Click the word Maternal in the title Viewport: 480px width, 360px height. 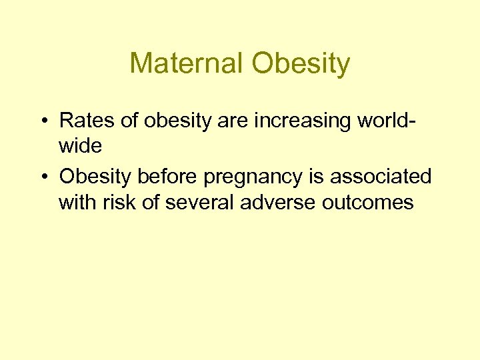(x=186, y=64)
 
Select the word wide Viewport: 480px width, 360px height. (x=80, y=146)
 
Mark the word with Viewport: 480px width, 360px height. (x=77, y=202)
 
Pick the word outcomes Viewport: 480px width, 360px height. (x=367, y=202)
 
